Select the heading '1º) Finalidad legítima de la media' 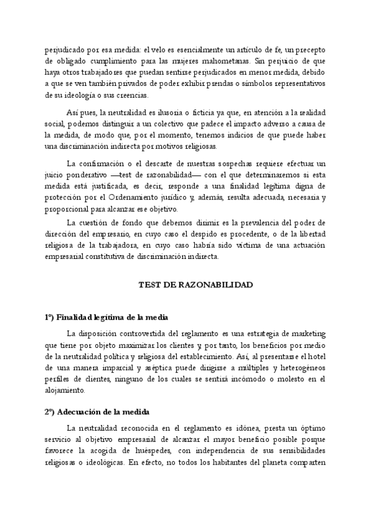(x=106, y=318)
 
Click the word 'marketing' (x=303, y=333)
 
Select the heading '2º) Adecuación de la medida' (x=97, y=412)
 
